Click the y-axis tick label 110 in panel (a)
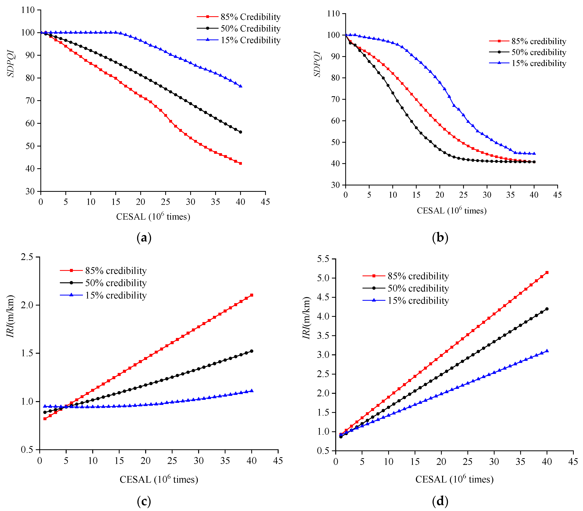[x=28, y=10]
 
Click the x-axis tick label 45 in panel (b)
[x=557, y=195]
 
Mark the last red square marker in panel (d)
[x=547, y=272]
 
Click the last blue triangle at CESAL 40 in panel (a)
[x=240, y=86]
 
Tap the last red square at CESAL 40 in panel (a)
[x=240, y=163]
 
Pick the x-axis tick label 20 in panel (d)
[x=441, y=462]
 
